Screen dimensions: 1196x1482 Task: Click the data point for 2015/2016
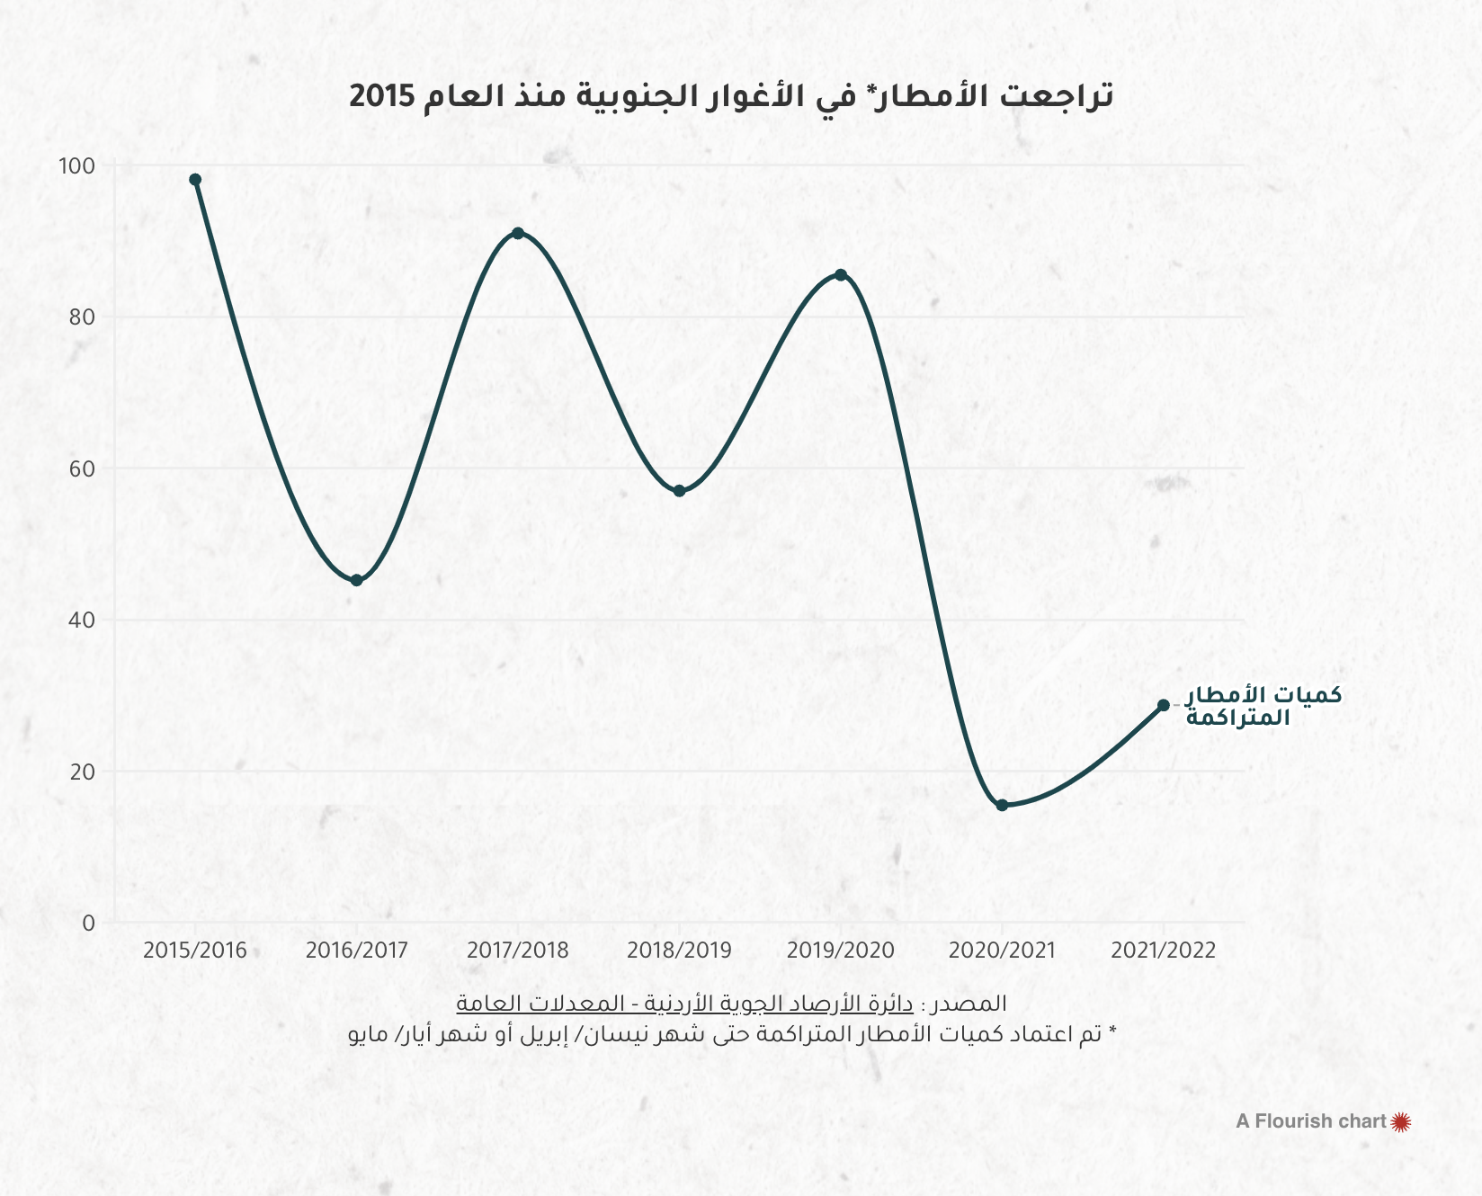[195, 180]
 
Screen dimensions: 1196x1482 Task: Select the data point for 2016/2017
[357, 581]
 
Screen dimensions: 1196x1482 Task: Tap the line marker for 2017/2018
[518, 234]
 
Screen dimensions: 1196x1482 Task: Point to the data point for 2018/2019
[680, 491]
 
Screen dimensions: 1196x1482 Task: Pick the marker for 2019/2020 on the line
[841, 275]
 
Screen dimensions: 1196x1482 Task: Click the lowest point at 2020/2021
[1003, 806]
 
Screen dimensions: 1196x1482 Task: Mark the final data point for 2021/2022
[1164, 706]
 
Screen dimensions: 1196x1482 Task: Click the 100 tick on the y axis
[76, 166]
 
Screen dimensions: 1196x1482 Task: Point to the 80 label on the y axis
[81, 317]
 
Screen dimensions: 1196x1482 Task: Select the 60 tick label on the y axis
[81, 469]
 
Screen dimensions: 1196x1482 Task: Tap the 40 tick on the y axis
[81, 620]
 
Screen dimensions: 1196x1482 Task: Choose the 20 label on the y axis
[81, 772]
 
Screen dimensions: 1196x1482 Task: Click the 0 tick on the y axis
[88, 924]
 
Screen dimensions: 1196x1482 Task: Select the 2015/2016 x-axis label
[195, 951]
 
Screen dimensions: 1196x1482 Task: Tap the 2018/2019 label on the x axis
[680, 951]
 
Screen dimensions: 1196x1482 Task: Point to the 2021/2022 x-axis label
[1164, 951]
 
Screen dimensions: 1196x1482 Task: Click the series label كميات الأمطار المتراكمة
[1263, 706]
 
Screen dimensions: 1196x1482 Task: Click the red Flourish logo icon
[1401, 1121]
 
